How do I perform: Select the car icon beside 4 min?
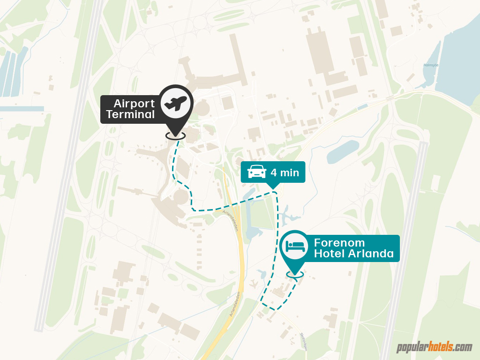(x=256, y=172)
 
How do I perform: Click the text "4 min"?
(x=285, y=172)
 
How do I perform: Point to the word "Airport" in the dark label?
(x=135, y=103)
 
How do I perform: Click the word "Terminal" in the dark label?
(x=130, y=114)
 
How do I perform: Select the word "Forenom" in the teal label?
(x=339, y=243)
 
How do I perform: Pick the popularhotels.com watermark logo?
(x=434, y=347)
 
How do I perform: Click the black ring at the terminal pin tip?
(x=175, y=135)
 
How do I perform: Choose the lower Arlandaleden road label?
(x=235, y=305)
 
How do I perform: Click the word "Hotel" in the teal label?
(x=330, y=255)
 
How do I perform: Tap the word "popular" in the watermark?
(x=411, y=348)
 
